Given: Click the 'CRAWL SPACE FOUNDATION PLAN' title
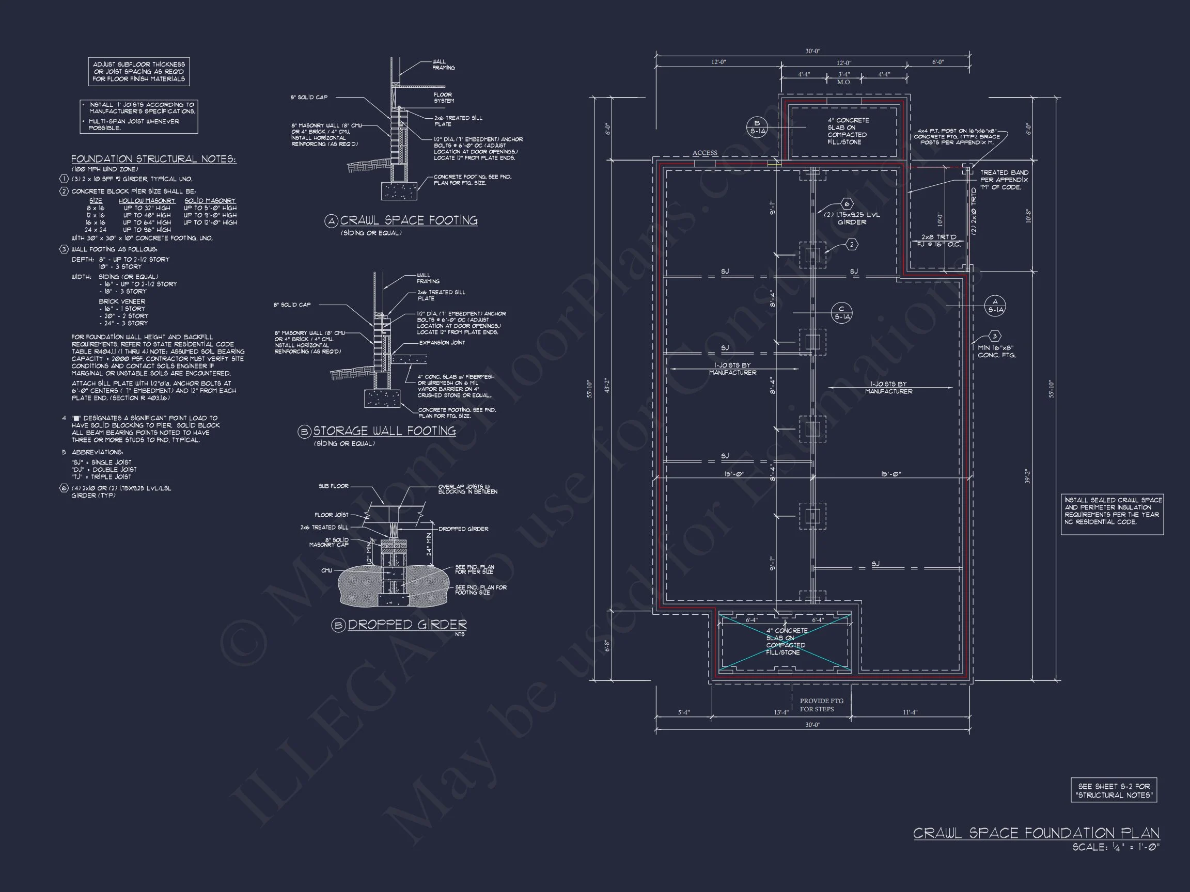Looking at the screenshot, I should tap(1036, 833).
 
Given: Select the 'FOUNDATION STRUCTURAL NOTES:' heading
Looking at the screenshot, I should tap(153, 159).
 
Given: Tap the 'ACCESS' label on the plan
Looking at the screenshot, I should tap(704, 153).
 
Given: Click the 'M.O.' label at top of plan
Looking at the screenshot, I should tap(844, 82).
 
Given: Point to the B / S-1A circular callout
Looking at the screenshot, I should tap(757, 127).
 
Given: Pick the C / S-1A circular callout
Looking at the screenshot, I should tap(841, 312).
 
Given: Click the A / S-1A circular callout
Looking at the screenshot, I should tap(995, 306).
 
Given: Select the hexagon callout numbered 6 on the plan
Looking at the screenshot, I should tap(847, 204).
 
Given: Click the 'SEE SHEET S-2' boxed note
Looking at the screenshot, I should tap(1114, 790).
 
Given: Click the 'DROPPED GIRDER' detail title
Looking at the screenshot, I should tap(406, 625).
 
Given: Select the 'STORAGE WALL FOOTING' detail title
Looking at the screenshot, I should tap(384, 431).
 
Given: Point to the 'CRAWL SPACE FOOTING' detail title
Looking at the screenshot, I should tap(409, 220).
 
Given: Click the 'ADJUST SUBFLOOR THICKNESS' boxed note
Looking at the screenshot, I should tap(139, 72).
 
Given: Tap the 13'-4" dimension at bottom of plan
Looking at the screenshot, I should tap(780, 712).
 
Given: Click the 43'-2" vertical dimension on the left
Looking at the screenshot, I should tap(607, 386).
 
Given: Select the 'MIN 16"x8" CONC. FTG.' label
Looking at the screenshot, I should tap(997, 352).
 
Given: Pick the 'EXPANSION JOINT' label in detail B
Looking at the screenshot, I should tap(442, 342).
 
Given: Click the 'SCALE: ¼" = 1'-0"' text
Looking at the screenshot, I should tap(1116, 847).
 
